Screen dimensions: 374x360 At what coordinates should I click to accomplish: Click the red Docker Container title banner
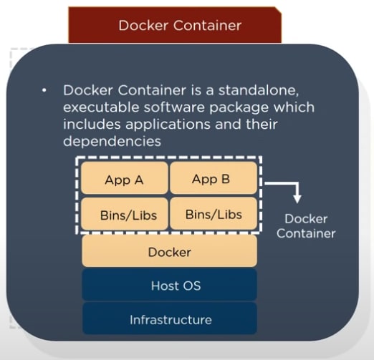tap(175, 25)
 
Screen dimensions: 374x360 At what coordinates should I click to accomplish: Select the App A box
tap(125, 178)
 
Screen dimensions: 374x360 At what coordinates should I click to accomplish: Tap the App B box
tap(214, 178)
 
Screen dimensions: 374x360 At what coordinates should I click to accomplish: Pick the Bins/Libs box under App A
tap(125, 214)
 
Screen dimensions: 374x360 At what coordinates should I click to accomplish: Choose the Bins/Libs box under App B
tap(214, 214)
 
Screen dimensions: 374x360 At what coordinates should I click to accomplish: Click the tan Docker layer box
tap(169, 251)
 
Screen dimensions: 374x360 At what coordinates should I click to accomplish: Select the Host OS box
tap(169, 285)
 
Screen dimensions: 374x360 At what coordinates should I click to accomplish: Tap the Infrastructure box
tap(170, 318)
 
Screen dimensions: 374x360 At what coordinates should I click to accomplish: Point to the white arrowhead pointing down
tap(297, 199)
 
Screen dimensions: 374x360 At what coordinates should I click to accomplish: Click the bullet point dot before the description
tap(44, 90)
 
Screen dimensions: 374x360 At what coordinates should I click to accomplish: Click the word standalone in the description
tap(259, 90)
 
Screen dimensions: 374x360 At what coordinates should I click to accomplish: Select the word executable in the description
tap(101, 107)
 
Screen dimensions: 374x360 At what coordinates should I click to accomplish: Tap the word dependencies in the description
tap(112, 142)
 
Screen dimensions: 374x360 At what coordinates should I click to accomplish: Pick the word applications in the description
tap(168, 125)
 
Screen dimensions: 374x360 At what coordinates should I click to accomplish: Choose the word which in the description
tap(294, 107)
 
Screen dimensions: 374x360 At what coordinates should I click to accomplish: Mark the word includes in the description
tap(92, 125)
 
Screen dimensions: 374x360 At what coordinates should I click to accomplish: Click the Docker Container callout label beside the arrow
tap(306, 226)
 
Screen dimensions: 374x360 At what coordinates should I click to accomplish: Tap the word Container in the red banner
tap(207, 25)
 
